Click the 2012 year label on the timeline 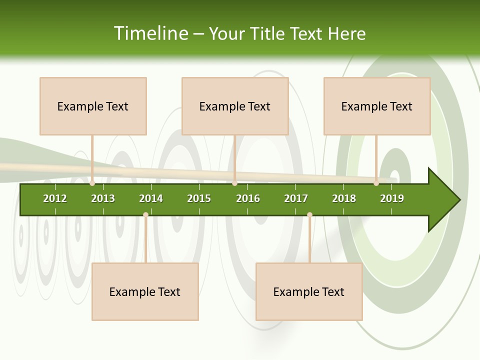pyautogui.click(x=55, y=198)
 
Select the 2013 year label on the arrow pyautogui.click(x=103, y=198)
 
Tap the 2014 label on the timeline pyautogui.click(x=151, y=198)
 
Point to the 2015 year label pyautogui.click(x=199, y=198)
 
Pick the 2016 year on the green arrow pyautogui.click(x=248, y=198)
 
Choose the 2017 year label pyautogui.click(x=296, y=198)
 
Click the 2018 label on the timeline pyautogui.click(x=344, y=198)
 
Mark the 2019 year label pyautogui.click(x=392, y=198)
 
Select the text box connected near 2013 pyautogui.click(x=93, y=106)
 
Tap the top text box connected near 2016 pyautogui.click(x=235, y=106)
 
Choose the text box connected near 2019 pyautogui.click(x=377, y=106)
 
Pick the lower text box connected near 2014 pyautogui.click(x=145, y=291)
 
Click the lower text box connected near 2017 pyautogui.click(x=309, y=291)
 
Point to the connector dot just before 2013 pyautogui.click(x=92, y=183)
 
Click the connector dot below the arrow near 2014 pyautogui.click(x=145, y=215)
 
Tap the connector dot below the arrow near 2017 pyautogui.click(x=309, y=215)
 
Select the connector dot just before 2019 pyautogui.click(x=376, y=183)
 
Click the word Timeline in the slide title pyautogui.click(x=150, y=33)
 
